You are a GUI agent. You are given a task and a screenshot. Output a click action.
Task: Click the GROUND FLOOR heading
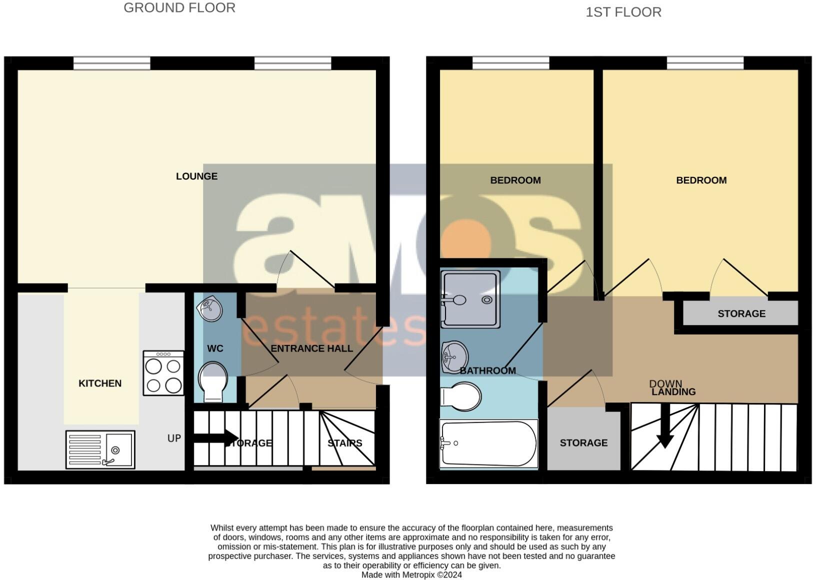[x=179, y=8]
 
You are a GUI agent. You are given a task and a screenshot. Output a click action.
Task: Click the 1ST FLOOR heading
[x=623, y=12]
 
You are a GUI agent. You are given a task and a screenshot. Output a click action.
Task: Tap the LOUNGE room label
[x=196, y=176]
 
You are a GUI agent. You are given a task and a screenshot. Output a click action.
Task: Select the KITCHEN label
[x=100, y=383]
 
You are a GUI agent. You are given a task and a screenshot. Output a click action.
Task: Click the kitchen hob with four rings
[x=163, y=373]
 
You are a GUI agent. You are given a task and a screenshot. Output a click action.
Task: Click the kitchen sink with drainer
[x=100, y=449]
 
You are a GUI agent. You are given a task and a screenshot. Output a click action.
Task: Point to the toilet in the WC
[x=212, y=382]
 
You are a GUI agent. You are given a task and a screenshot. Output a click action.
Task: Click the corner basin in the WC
[x=210, y=309]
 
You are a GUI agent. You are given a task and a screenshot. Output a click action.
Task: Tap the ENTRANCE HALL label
[x=311, y=348]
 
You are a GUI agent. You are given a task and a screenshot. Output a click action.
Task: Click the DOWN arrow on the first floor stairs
[x=665, y=425]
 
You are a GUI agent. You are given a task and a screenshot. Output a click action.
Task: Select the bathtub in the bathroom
[x=488, y=443]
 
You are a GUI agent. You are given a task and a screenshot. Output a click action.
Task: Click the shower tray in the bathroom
[x=470, y=299]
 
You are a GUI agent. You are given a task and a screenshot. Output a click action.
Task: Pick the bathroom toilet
[x=460, y=396]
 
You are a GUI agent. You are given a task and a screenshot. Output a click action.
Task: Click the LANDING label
[x=673, y=392]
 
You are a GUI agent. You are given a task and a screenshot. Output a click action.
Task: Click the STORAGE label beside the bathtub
[x=583, y=443]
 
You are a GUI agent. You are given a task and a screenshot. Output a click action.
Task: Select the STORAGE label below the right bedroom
[x=741, y=313]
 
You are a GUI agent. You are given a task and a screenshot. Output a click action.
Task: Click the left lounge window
[x=111, y=63]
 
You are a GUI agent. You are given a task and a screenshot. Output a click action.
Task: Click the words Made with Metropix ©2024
[x=411, y=575]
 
